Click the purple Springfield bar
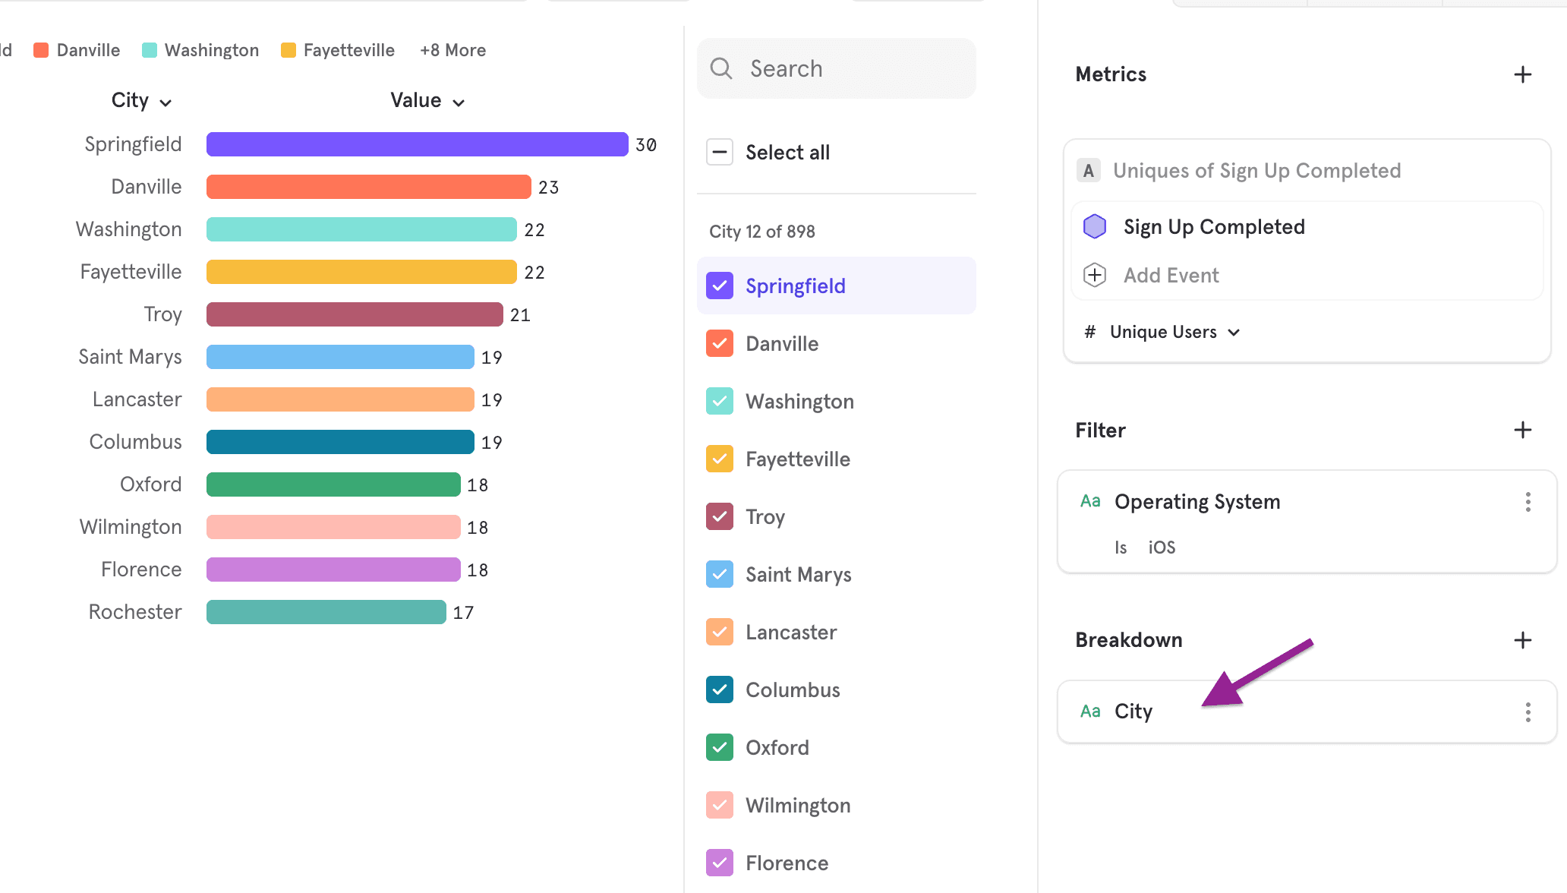click(x=417, y=144)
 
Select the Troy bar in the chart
click(x=355, y=314)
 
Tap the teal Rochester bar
click(x=326, y=612)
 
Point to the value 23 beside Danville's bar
click(x=548, y=188)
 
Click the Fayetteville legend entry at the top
click(x=338, y=50)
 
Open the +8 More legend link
click(x=452, y=50)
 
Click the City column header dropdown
click(x=141, y=101)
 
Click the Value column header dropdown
click(x=427, y=101)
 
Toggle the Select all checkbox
click(x=720, y=152)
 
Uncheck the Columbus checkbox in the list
click(x=720, y=689)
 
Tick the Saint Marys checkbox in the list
click(x=720, y=574)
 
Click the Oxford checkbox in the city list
click(x=720, y=747)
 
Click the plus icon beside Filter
click(x=1522, y=431)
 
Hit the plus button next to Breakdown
click(x=1522, y=640)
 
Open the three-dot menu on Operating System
click(x=1528, y=502)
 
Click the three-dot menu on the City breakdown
click(x=1528, y=712)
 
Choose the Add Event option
click(x=1171, y=275)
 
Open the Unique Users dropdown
click(x=1174, y=332)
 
